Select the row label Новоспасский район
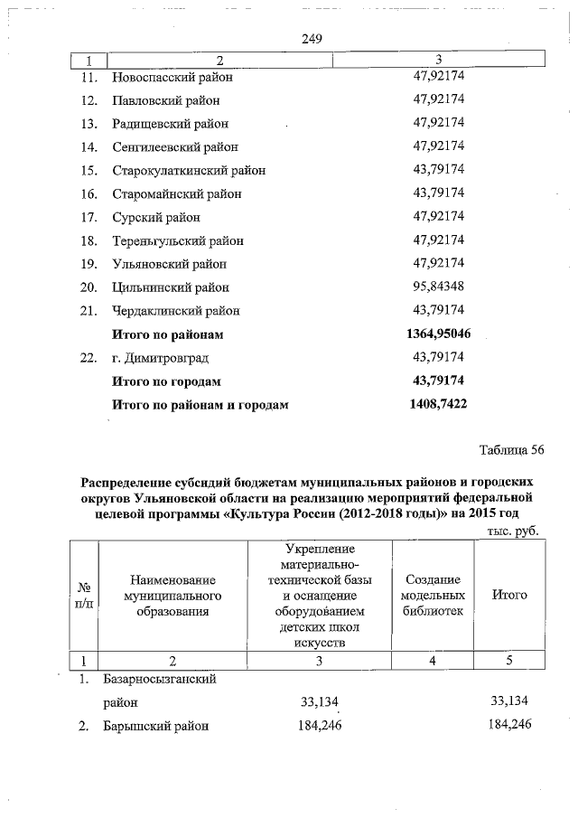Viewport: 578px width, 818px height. [x=172, y=77]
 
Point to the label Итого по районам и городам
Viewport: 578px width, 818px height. [x=200, y=405]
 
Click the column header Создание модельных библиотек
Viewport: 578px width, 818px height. [x=433, y=595]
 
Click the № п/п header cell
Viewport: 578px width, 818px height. [x=82, y=595]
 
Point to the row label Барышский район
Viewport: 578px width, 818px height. [x=161, y=725]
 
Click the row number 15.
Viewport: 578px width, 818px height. [x=88, y=170]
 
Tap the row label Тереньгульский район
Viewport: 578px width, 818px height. [x=177, y=240]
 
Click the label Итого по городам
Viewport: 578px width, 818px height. [x=166, y=381]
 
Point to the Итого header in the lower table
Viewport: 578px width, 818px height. [x=509, y=595]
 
